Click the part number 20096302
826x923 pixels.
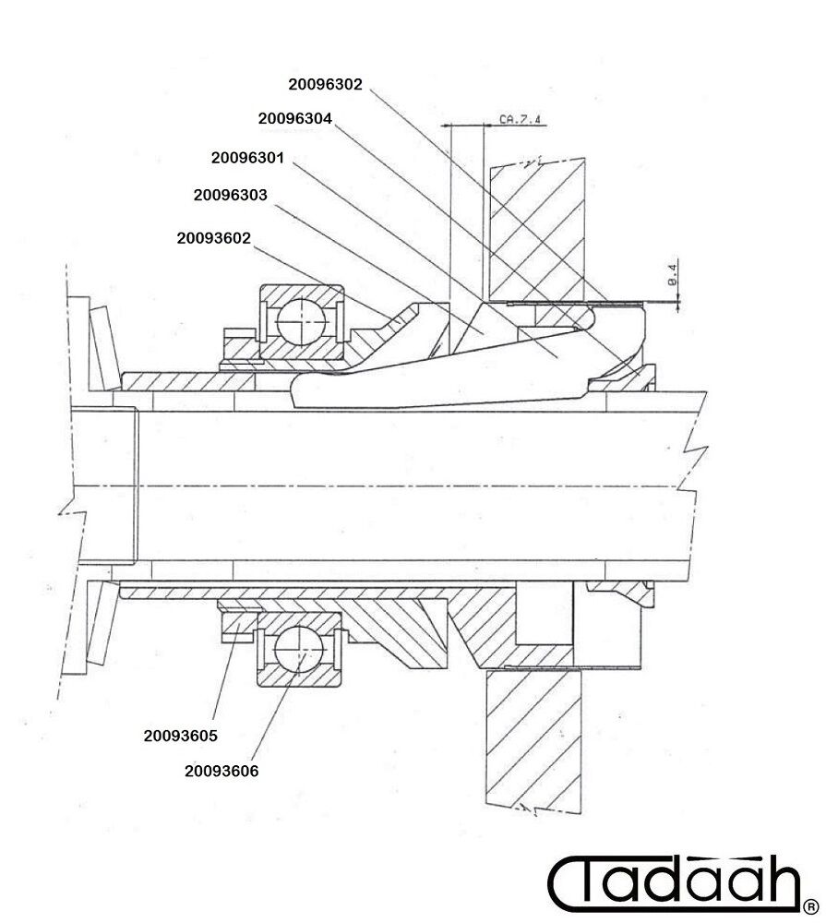325,84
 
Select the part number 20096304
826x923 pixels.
295,118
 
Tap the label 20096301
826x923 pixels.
248,158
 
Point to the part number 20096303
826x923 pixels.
230,195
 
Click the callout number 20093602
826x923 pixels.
214,238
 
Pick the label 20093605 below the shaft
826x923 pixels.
181,736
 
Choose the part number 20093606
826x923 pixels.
221,771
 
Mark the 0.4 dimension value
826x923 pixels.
673,274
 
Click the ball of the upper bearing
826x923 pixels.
301,322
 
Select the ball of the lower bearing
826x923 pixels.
299,649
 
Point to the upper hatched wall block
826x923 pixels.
537,230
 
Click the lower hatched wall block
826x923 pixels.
533,742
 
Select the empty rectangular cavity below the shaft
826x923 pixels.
545,613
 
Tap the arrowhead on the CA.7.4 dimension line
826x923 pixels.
446,126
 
